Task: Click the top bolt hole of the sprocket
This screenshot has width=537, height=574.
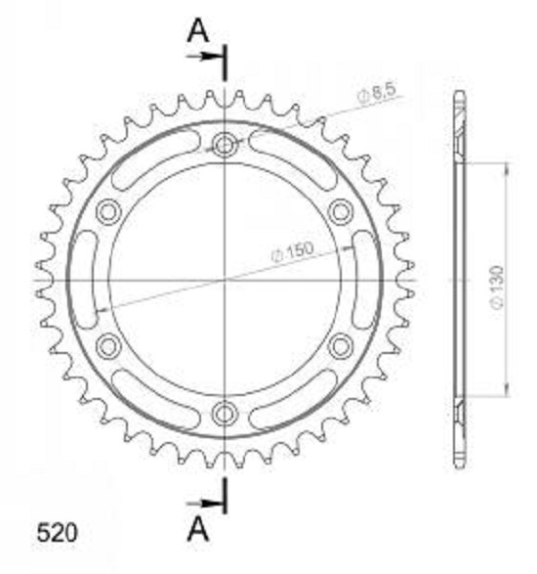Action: pos(225,145)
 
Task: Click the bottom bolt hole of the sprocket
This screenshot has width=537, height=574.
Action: pos(225,414)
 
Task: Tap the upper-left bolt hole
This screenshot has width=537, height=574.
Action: pos(108,211)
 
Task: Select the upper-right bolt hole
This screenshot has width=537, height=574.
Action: pos(341,211)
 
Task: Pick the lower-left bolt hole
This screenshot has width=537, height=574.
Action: pos(108,346)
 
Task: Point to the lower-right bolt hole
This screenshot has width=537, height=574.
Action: pos(341,346)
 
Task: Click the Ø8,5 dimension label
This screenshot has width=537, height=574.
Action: pos(377,93)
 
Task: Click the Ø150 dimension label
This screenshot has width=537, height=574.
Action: pos(293,251)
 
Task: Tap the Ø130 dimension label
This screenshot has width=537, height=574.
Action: pos(498,287)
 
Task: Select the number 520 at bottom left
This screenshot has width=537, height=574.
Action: pos(57,532)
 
